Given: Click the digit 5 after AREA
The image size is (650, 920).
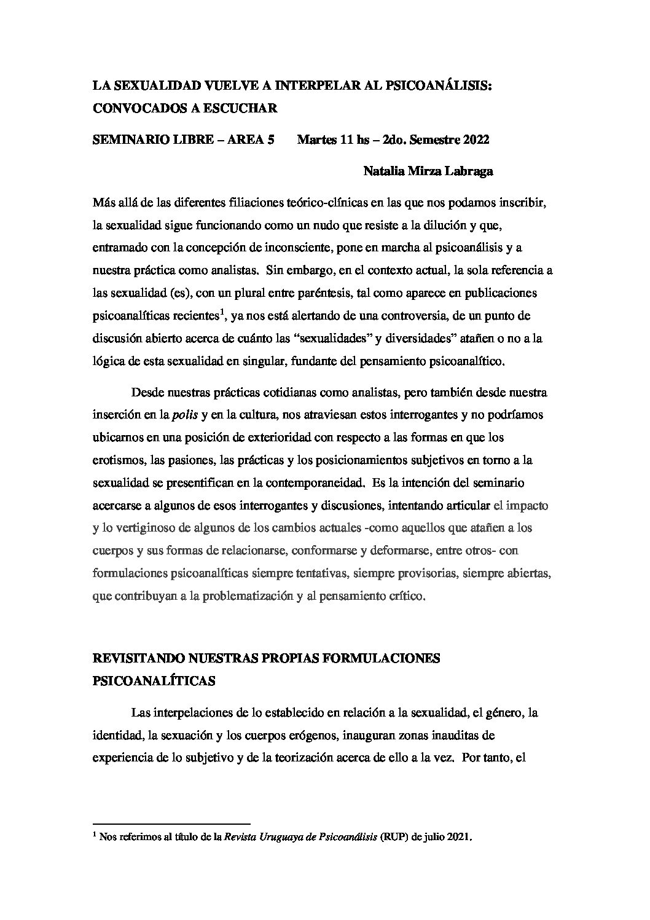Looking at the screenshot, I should point(270,140).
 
